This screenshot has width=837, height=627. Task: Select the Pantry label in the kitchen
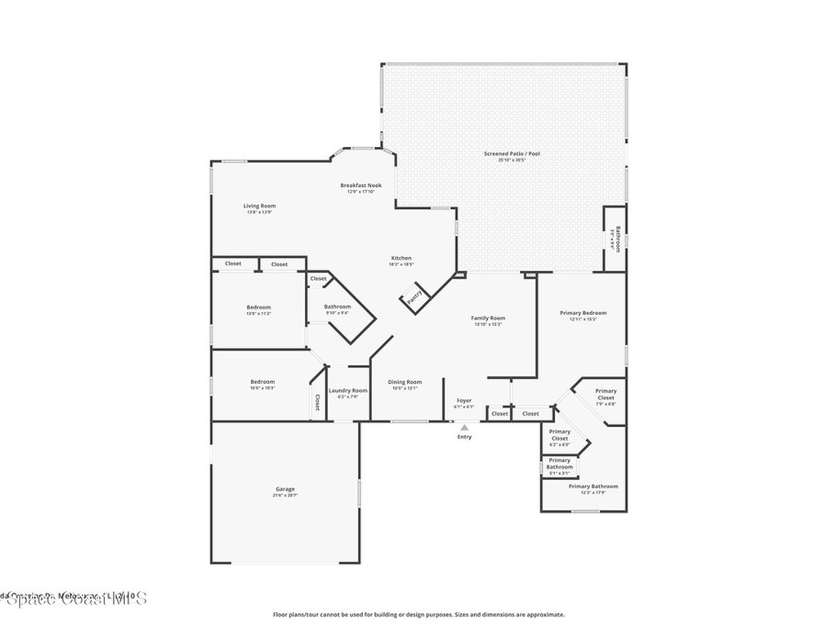(415, 296)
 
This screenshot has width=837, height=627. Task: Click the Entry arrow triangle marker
(464, 427)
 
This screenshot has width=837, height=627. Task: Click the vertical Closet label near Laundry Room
(317, 402)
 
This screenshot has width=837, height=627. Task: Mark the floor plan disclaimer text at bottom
(418, 615)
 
